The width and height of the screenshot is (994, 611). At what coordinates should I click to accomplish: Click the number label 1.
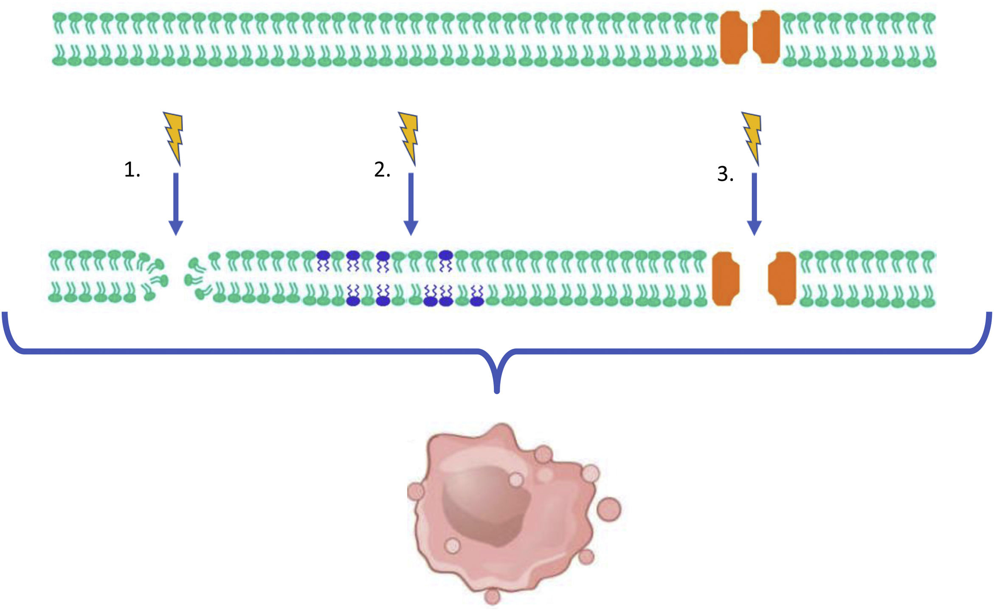pos(132,170)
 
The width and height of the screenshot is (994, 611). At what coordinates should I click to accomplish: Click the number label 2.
pos(382,170)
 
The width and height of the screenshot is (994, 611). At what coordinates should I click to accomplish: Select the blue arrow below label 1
pos(176,204)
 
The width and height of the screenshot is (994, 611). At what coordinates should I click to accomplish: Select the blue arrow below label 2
pos(411,204)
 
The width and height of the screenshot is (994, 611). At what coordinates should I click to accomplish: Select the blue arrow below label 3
pos(754,204)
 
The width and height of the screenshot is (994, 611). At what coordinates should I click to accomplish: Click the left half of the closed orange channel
pos(734,37)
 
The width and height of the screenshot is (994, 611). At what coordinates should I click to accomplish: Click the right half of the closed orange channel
pos(767,37)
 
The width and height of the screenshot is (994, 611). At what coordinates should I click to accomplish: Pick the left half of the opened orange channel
pos(726,278)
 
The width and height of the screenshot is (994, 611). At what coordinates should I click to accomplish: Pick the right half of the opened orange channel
pos(782,278)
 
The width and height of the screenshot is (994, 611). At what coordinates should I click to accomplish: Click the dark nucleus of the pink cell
pos(484,506)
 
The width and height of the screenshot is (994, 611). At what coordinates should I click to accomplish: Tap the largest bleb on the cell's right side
pos(609,509)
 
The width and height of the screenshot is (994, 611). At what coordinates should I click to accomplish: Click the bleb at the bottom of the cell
pos(492,596)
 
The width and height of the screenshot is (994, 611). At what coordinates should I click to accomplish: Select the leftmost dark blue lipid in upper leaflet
pos(324,256)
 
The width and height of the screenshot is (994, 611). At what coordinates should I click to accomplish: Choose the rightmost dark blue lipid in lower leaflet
pos(477,301)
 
